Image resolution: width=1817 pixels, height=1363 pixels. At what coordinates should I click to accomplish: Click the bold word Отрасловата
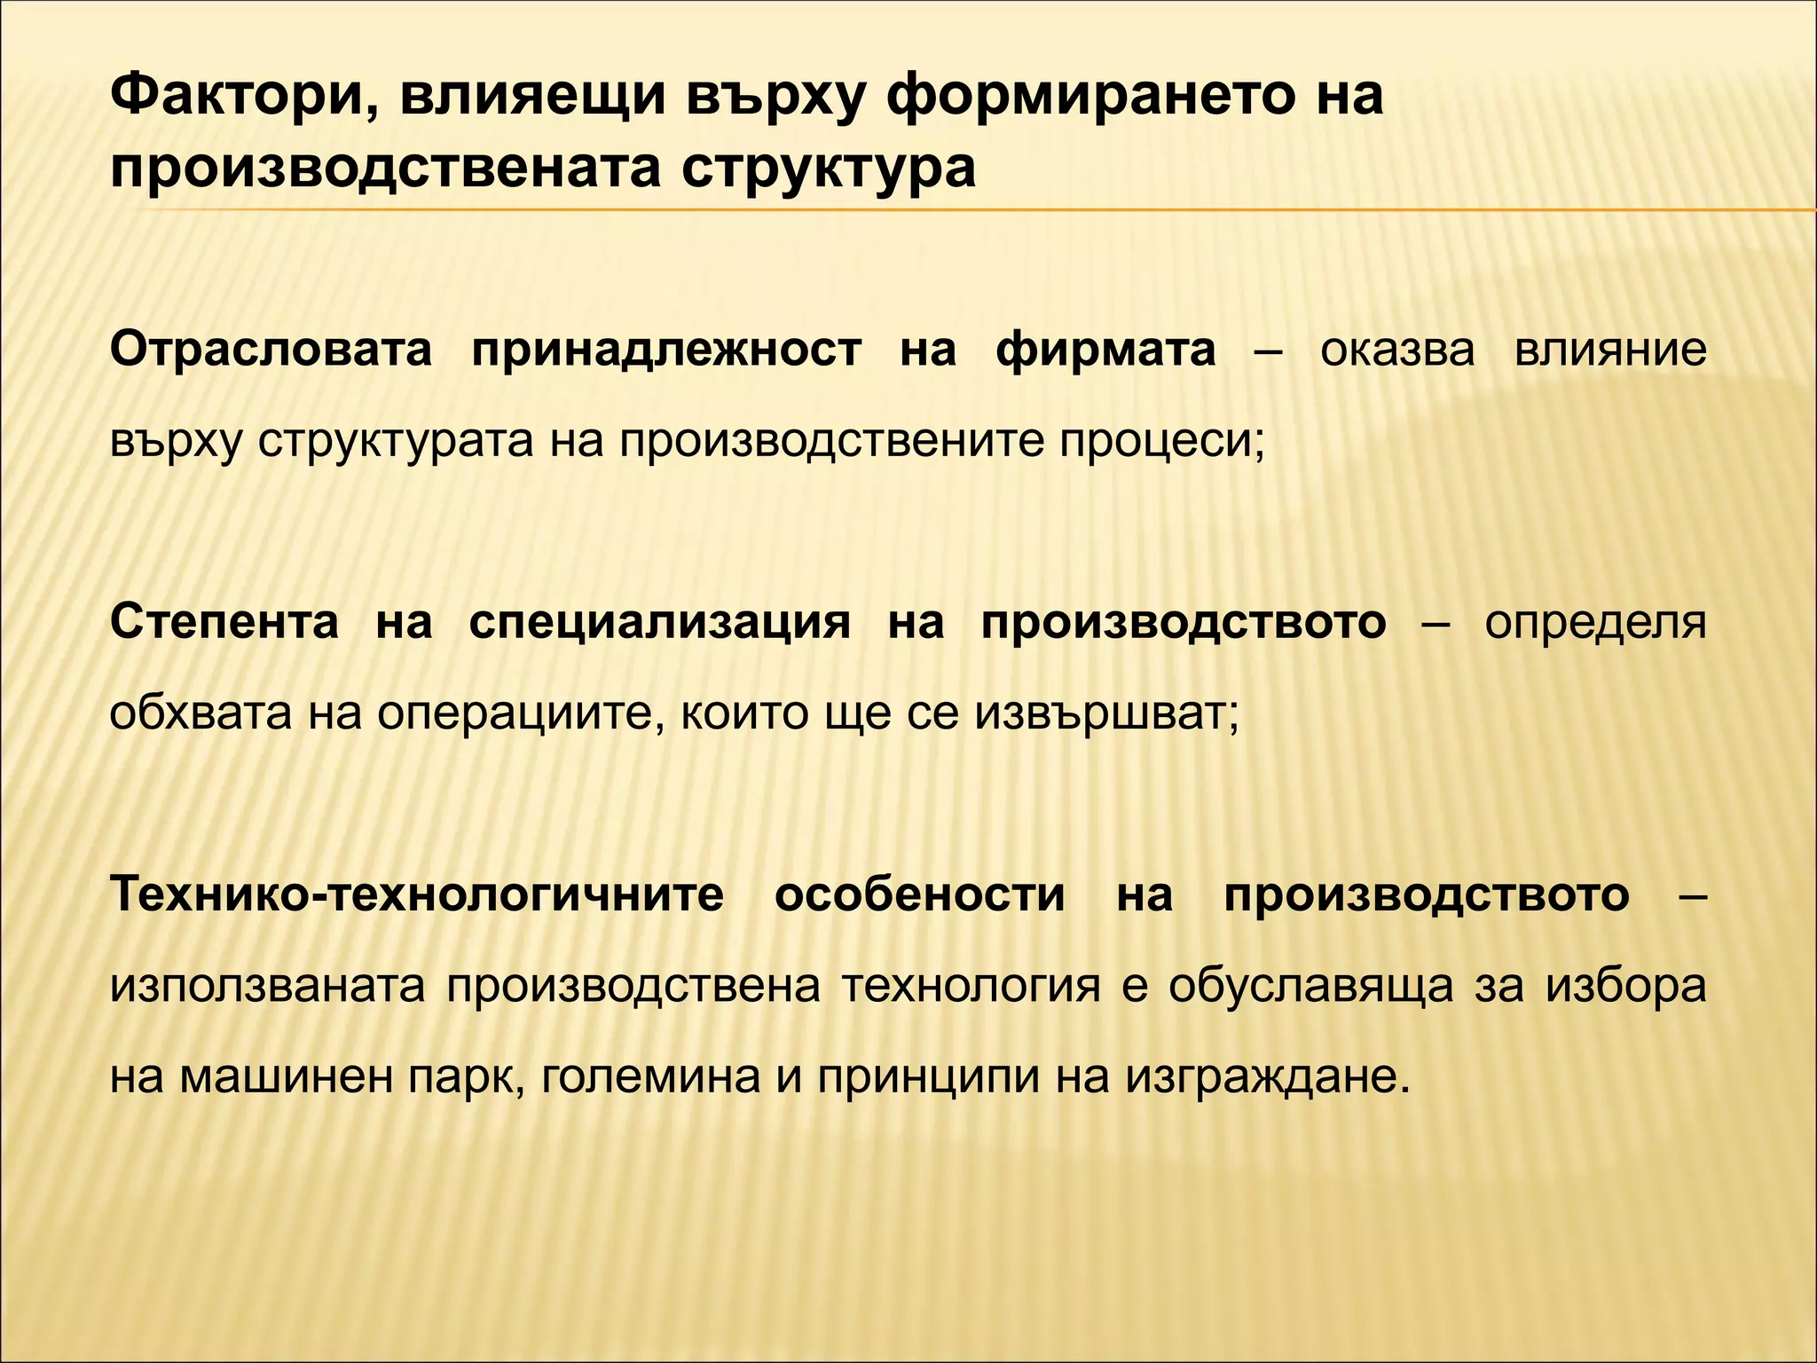271,350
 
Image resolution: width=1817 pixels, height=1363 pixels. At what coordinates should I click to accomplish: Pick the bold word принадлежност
665,350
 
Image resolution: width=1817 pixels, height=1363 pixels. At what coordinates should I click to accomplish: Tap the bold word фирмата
1105,350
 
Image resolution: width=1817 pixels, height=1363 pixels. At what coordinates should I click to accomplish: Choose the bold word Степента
224,622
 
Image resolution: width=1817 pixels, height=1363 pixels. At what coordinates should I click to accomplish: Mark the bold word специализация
659,622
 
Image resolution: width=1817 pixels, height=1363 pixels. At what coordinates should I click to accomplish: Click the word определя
1595,622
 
